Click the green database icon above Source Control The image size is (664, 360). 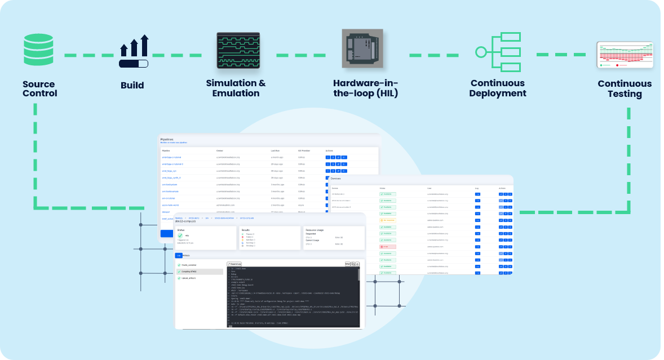tap(40, 50)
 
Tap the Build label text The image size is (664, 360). tap(132, 86)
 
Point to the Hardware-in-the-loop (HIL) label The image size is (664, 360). tap(365, 88)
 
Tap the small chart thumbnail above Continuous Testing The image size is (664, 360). tap(625, 55)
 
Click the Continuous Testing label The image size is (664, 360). tap(625, 88)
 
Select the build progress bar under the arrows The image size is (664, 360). tap(134, 64)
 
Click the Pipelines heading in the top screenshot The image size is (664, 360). tap(168, 139)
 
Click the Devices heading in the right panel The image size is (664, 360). tap(336, 179)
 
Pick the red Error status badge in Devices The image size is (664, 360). tap(388, 247)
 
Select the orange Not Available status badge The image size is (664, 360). tap(388, 220)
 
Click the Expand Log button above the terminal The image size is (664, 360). tap(234, 264)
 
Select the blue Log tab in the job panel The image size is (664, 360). tap(178, 255)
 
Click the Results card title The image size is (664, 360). tap(245, 230)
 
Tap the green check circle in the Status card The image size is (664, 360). tap(180, 235)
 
